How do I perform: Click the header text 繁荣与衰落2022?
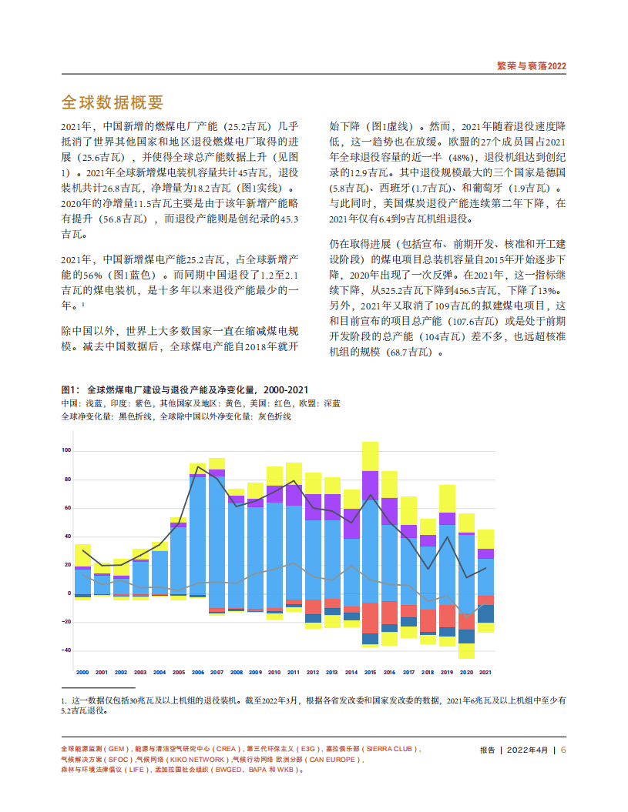pyautogui.click(x=532, y=66)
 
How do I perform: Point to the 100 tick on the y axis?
pyautogui.click(x=65, y=450)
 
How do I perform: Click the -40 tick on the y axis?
pyautogui.click(x=65, y=650)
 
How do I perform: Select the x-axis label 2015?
pyautogui.click(x=370, y=672)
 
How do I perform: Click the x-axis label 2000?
pyautogui.click(x=82, y=672)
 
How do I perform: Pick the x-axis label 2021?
pyautogui.click(x=485, y=672)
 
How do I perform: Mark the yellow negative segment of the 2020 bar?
pyautogui.click(x=466, y=650)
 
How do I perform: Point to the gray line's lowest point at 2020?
pyautogui.click(x=466, y=617)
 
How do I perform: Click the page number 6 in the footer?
pyautogui.click(x=563, y=750)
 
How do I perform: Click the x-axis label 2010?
pyautogui.click(x=274, y=672)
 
